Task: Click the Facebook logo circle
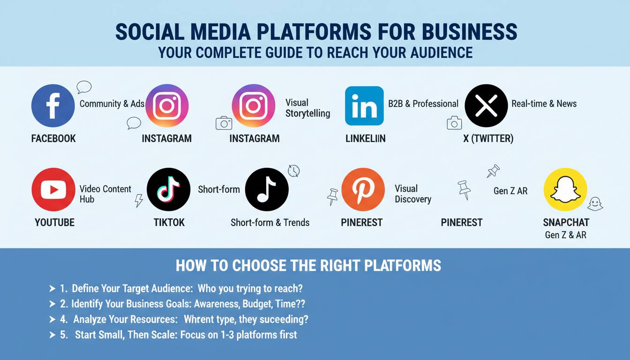point(53,106)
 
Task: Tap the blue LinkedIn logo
point(364,106)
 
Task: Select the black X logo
point(486,106)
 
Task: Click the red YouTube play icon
point(53,189)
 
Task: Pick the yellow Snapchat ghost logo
point(565,189)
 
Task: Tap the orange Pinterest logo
point(363,189)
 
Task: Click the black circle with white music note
point(267,189)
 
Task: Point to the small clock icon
point(293,171)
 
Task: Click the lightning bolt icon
point(139,201)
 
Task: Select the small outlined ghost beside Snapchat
point(595,204)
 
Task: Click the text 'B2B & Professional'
point(423,104)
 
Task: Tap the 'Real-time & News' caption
point(544,104)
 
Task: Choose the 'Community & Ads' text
point(112,104)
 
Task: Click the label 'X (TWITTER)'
point(488,139)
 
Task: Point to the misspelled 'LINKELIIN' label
point(365,139)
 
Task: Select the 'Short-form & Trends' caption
point(270,223)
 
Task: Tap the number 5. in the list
point(64,335)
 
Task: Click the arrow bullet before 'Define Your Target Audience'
point(52,289)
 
